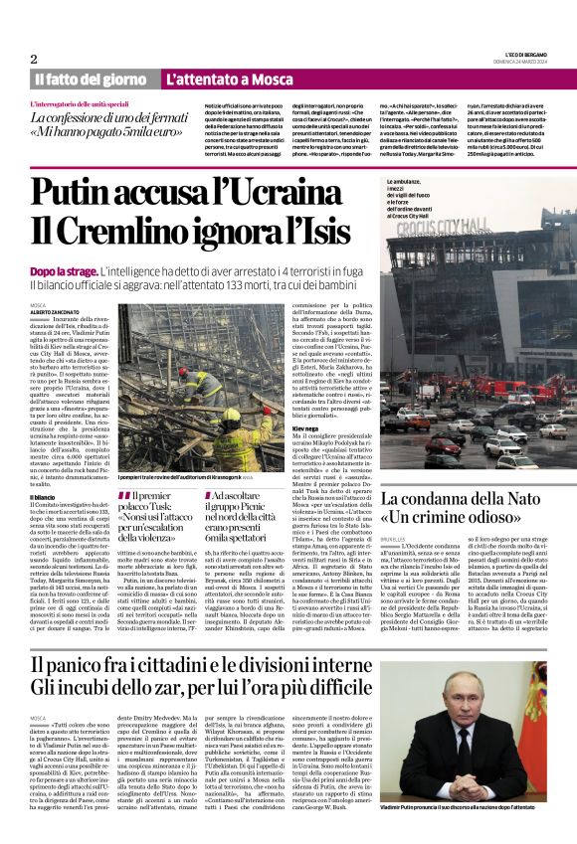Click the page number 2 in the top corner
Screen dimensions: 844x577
tap(33, 59)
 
